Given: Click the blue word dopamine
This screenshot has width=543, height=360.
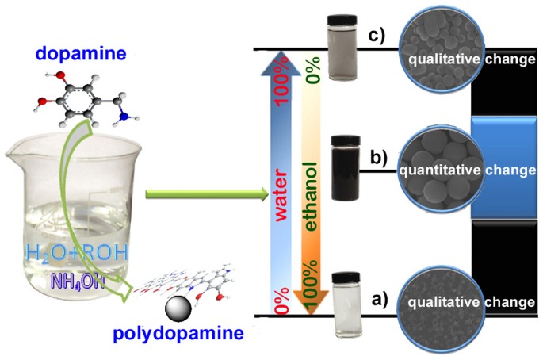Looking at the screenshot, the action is pyautogui.click(x=81, y=54).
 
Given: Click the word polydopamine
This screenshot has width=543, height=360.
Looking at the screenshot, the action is pyautogui.click(x=178, y=333).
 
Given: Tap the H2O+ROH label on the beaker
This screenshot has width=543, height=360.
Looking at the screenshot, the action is pyautogui.click(x=77, y=254).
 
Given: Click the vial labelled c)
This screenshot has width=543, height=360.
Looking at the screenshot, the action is pyautogui.click(x=342, y=48).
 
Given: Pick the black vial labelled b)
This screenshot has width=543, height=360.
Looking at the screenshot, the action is pyautogui.click(x=346, y=168).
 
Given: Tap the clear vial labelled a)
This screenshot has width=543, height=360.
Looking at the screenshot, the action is pyautogui.click(x=346, y=304).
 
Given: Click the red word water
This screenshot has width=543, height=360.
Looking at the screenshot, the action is pyautogui.click(x=281, y=195).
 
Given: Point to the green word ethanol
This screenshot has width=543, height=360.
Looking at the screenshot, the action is pyautogui.click(x=310, y=197).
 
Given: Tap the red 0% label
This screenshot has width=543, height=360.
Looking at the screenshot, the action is pyautogui.click(x=281, y=301).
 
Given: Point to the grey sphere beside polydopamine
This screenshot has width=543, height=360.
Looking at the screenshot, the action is pyautogui.click(x=178, y=309).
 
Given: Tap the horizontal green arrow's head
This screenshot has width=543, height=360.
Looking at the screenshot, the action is pyautogui.click(x=264, y=194).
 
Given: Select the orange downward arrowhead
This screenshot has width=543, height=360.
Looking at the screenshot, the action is pyautogui.click(x=311, y=302).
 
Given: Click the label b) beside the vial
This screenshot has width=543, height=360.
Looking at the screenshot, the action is pyautogui.click(x=378, y=158).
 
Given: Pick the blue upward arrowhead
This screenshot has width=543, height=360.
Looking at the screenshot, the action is pyautogui.click(x=281, y=63).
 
